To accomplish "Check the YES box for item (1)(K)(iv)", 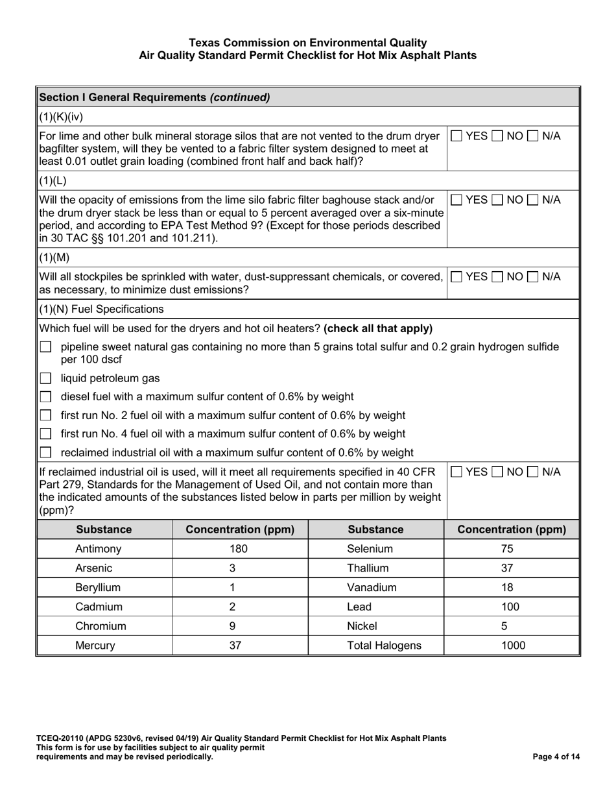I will (x=457, y=136).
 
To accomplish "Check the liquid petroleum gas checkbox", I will (x=45, y=378).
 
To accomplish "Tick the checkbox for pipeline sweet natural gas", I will (x=45, y=348).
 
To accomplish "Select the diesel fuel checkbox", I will (x=45, y=396).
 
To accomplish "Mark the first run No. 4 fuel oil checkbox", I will (x=45, y=433).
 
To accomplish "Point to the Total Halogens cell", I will (x=375, y=646).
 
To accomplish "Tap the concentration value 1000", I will (x=512, y=646).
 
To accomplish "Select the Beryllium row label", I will (x=98, y=588).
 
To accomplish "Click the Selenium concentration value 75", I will (x=507, y=549).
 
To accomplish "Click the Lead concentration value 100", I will (x=510, y=607).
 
